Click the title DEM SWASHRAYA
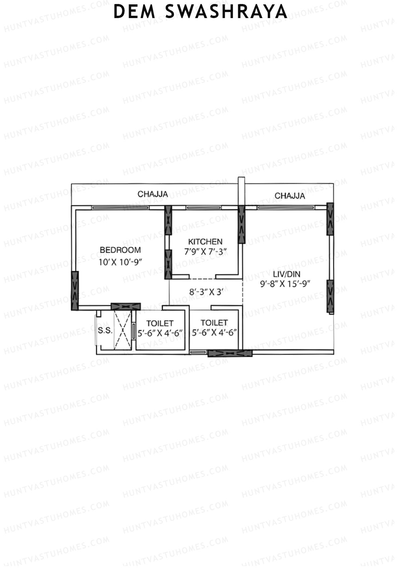click(x=200, y=12)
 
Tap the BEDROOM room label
click(x=121, y=250)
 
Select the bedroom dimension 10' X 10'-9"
click(x=121, y=262)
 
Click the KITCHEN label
click(x=205, y=242)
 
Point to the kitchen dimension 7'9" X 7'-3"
click(x=206, y=252)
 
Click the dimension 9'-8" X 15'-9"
click(x=285, y=284)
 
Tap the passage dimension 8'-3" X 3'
click(x=206, y=292)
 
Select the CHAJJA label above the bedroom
click(x=153, y=194)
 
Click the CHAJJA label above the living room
click(x=290, y=196)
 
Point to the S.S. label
click(x=105, y=330)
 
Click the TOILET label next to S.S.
click(x=160, y=323)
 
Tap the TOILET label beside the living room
click(x=214, y=323)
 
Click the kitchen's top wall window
click(x=204, y=208)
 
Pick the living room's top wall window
click(x=286, y=208)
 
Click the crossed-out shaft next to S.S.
click(x=123, y=330)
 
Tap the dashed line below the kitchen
click(x=202, y=278)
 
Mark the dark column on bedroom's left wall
click(x=75, y=291)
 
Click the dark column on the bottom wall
click(x=230, y=353)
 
